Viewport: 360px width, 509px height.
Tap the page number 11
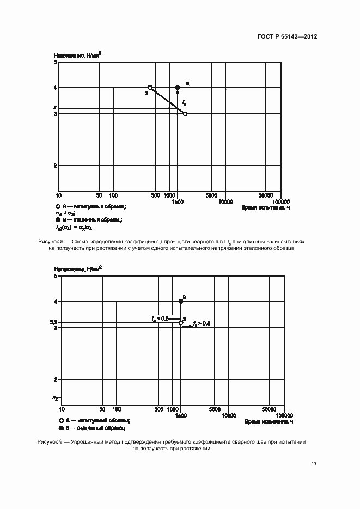pyautogui.click(x=314, y=463)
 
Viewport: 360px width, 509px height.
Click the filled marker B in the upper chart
pyautogui.click(x=178, y=87)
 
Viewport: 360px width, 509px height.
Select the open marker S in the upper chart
pyautogui.click(x=150, y=87)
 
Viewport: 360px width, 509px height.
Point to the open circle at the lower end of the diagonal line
pyautogui.click(x=185, y=114)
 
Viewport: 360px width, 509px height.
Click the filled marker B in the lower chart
pyautogui.click(x=181, y=302)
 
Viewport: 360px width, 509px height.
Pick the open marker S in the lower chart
pyautogui.click(x=181, y=323)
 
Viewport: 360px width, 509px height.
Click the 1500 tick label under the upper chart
pyautogui.click(x=177, y=202)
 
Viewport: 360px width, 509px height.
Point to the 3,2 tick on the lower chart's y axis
pyautogui.click(x=53, y=323)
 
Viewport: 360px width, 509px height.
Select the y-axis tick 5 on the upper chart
pyautogui.click(x=55, y=63)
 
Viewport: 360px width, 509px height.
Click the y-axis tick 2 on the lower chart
pyautogui.click(x=56, y=379)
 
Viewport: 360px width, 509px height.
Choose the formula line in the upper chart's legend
pyautogui.click(x=74, y=227)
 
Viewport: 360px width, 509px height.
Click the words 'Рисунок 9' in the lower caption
pyautogui.click(x=50, y=442)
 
